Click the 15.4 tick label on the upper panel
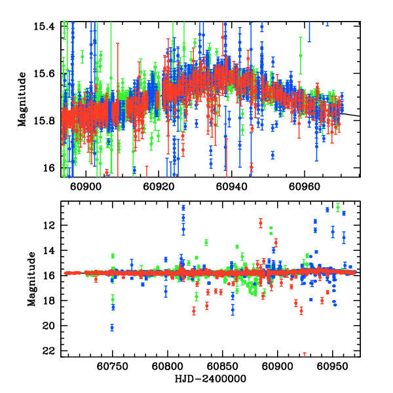pos(48,26)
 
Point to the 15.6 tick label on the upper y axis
pos(48,73)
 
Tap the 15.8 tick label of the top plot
pos(48,121)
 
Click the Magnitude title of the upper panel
pos(22,99)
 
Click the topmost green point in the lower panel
pos(338,206)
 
